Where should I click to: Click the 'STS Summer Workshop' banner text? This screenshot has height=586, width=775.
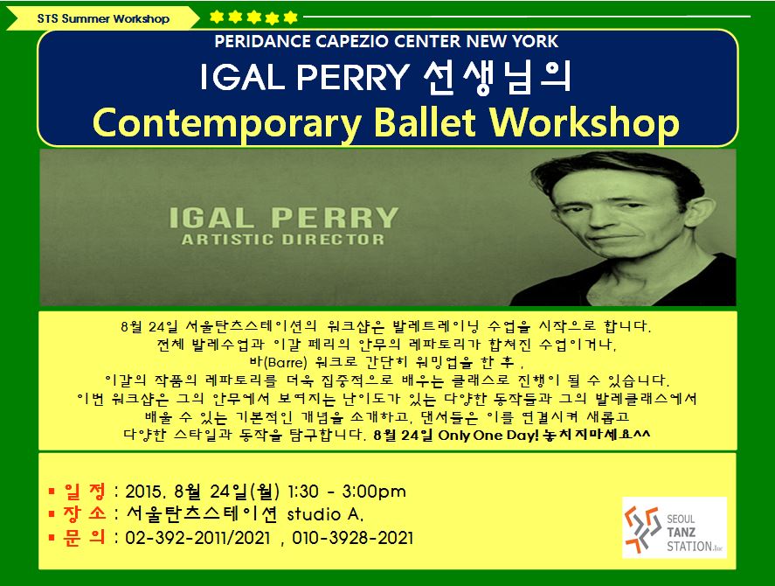coord(103,19)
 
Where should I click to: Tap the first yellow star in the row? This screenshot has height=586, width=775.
coord(217,17)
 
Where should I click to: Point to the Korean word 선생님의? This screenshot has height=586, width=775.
coord(497,78)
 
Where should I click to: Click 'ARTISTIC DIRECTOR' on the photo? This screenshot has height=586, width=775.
coord(283,240)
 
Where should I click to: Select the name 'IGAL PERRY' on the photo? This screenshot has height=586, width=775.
coord(283,218)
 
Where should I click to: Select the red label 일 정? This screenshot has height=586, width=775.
coord(85,491)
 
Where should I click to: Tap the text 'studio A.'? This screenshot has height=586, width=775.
coord(325,515)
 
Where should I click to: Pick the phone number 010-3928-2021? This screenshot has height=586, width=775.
coord(352,538)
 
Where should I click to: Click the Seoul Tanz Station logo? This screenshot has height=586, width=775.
coord(675,527)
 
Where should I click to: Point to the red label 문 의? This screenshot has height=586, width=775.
coord(85,538)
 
